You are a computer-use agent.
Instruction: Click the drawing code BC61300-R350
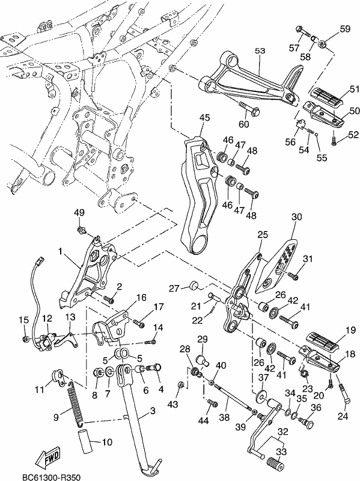click(52, 477)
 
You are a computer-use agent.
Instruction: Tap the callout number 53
click(260, 51)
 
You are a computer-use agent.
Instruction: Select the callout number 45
click(204, 117)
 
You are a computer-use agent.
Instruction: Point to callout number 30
click(296, 216)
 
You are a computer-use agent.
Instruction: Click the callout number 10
click(107, 442)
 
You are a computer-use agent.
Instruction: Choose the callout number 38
click(224, 417)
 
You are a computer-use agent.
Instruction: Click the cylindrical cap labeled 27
click(194, 285)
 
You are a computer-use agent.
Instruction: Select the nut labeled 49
click(82, 230)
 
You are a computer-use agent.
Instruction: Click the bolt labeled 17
click(139, 323)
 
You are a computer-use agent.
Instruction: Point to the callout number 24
click(343, 416)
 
